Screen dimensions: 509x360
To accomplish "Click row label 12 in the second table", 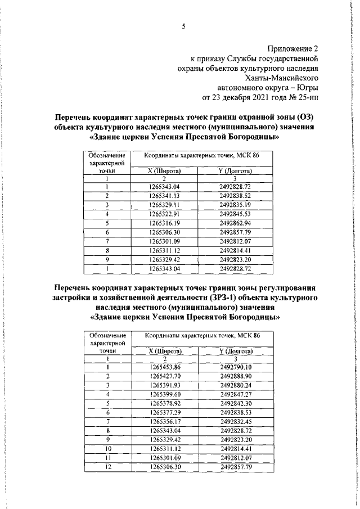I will click(x=106, y=466).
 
